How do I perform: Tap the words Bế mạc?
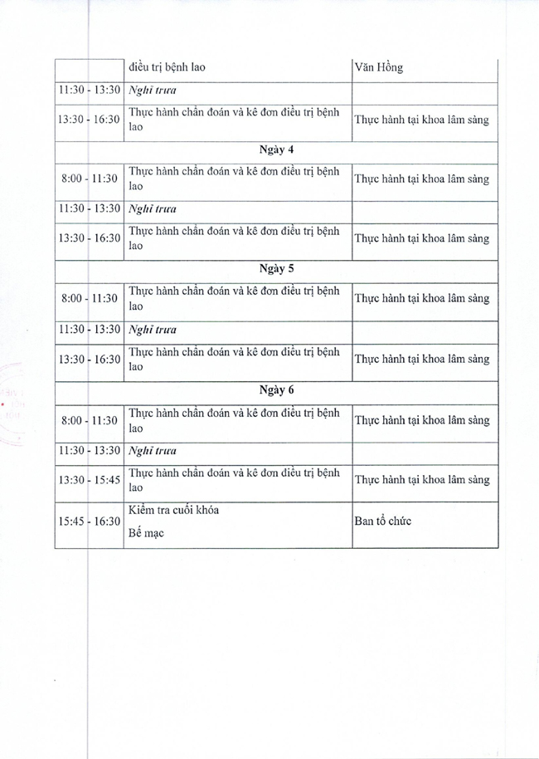click(x=147, y=532)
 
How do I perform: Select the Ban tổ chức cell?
click(x=383, y=522)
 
